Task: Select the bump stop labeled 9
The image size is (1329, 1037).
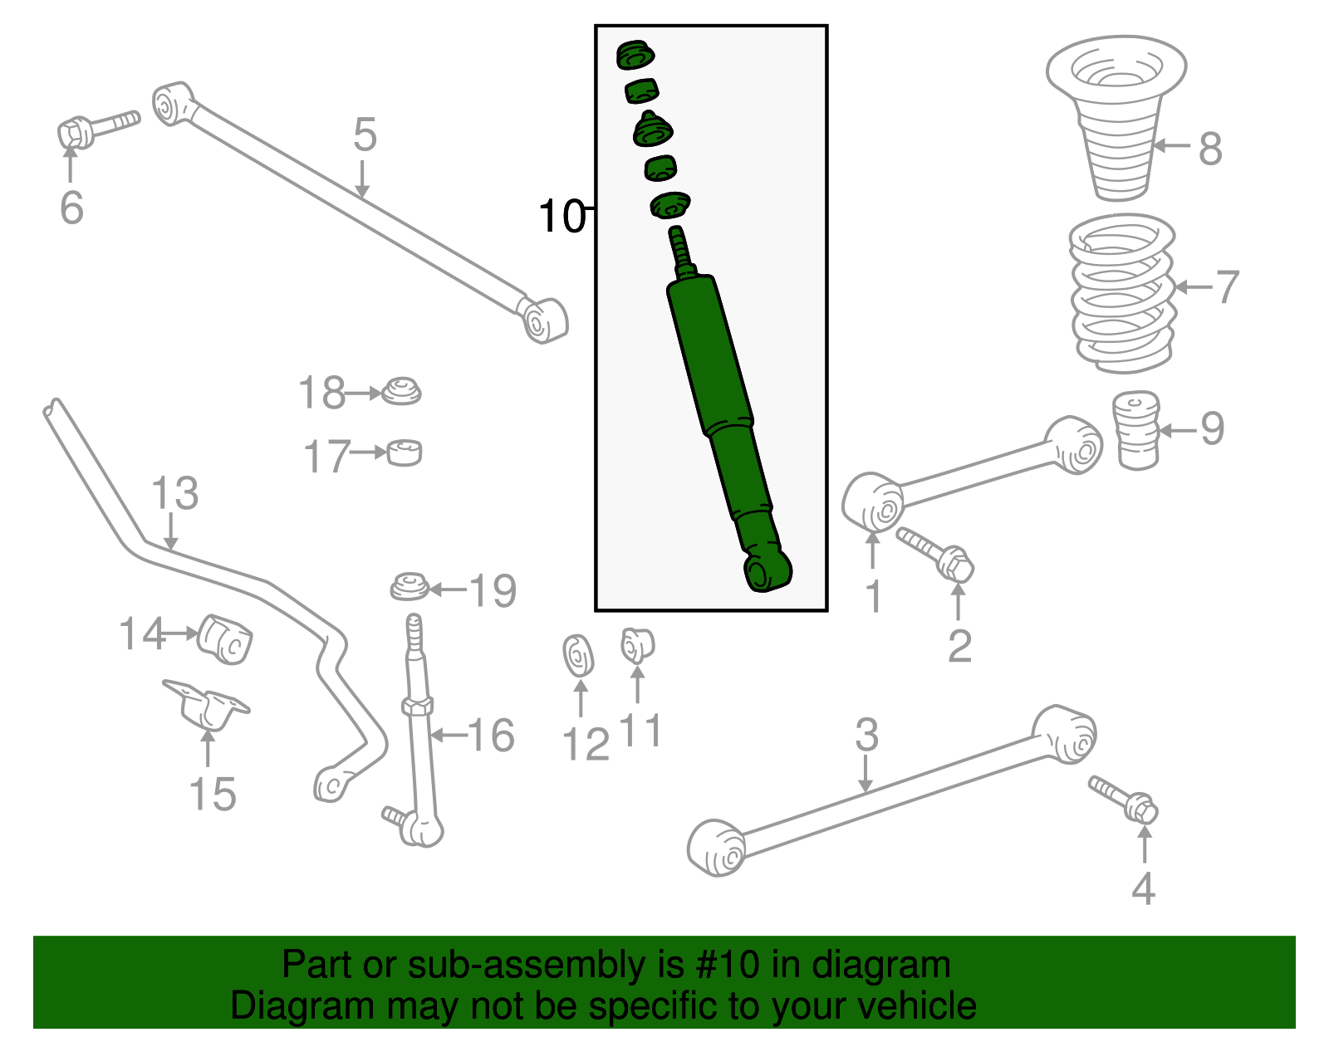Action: (1135, 430)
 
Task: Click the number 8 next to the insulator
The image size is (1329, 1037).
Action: (1210, 149)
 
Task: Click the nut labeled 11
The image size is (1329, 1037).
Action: (637, 646)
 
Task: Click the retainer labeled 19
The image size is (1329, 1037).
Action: (409, 587)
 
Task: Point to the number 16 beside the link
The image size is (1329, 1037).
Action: (491, 735)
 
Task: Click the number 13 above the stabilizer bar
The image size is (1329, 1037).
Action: (174, 493)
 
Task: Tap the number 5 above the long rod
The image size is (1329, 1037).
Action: (365, 135)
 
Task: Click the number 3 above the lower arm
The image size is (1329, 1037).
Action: (866, 735)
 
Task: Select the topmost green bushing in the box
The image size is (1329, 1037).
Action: (635, 56)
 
